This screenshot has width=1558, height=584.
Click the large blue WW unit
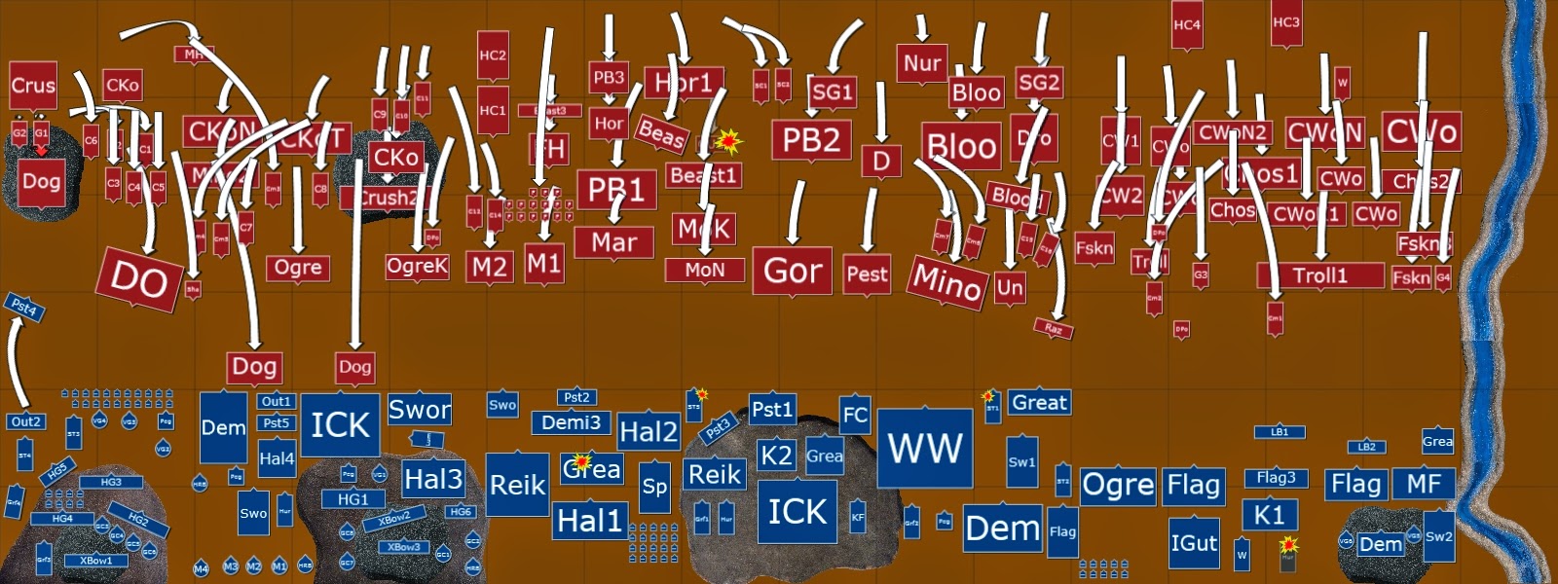click(x=924, y=448)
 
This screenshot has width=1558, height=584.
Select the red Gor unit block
click(x=792, y=271)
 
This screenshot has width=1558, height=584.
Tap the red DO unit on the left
click(x=138, y=280)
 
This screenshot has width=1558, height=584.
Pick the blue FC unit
click(x=855, y=415)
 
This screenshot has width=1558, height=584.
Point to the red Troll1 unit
click(x=1319, y=275)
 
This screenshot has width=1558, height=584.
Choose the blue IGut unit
click(x=1194, y=542)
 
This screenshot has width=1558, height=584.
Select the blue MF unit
click(x=1424, y=484)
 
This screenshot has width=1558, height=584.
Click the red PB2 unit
click(x=811, y=140)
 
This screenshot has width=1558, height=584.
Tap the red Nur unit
click(x=921, y=64)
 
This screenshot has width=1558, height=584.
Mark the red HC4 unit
click(x=1186, y=26)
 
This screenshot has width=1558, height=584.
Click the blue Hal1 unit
click(x=589, y=521)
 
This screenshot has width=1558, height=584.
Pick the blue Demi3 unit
click(x=571, y=422)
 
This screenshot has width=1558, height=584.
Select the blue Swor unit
click(x=420, y=410)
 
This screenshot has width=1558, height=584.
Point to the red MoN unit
click(x=704, y=270)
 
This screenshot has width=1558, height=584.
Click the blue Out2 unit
click(x=26, y=421)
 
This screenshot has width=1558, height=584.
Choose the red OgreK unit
click(x=417, y=267)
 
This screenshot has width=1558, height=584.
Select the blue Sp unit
click(x=654, y=487)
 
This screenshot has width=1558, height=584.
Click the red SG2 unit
click(x=1038, y=83)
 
